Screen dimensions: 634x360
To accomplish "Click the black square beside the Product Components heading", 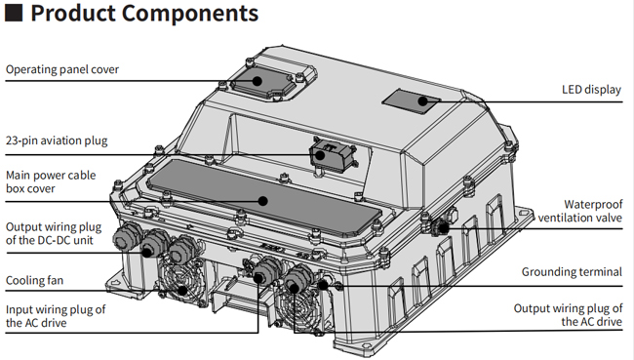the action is click(x=14, y=13).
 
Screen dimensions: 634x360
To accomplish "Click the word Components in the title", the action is click(x=189, y=13).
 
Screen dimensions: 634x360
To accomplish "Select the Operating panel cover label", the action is click(x=62, y=69).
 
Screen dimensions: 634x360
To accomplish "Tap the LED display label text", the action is click(x=591, y=90).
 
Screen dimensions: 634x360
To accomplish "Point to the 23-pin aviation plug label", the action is click(x=57, y=140).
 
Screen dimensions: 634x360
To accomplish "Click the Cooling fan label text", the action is click(x=34, y=280).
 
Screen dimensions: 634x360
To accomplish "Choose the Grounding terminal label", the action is click(x=572, y=272).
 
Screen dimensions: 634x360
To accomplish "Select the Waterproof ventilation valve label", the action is click(x=579, y=211).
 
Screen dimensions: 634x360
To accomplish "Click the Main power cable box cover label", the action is click(x=51, y=181).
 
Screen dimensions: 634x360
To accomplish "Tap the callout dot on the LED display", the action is click(x=422, y=101).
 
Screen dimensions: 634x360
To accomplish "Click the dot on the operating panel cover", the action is click(x=258, y=81).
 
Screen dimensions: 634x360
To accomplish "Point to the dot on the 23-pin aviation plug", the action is click(x=320, y=155).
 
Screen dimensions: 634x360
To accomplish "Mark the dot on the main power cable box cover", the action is click(x=263, y=201).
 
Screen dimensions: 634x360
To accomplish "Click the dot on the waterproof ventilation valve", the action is click(x=444, y=228).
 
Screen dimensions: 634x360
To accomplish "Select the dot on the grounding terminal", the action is click(x=323, y=285).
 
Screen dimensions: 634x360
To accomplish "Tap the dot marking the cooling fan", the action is click(x=182, y=290).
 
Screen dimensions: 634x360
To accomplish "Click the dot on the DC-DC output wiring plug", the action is click(x=147, y=253).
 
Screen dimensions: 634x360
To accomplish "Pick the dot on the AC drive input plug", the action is click(x=258, y=278).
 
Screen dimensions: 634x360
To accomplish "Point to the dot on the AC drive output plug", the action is click(x=295, y=289).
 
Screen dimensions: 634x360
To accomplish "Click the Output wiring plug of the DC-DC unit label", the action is click(x=54, y=233).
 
